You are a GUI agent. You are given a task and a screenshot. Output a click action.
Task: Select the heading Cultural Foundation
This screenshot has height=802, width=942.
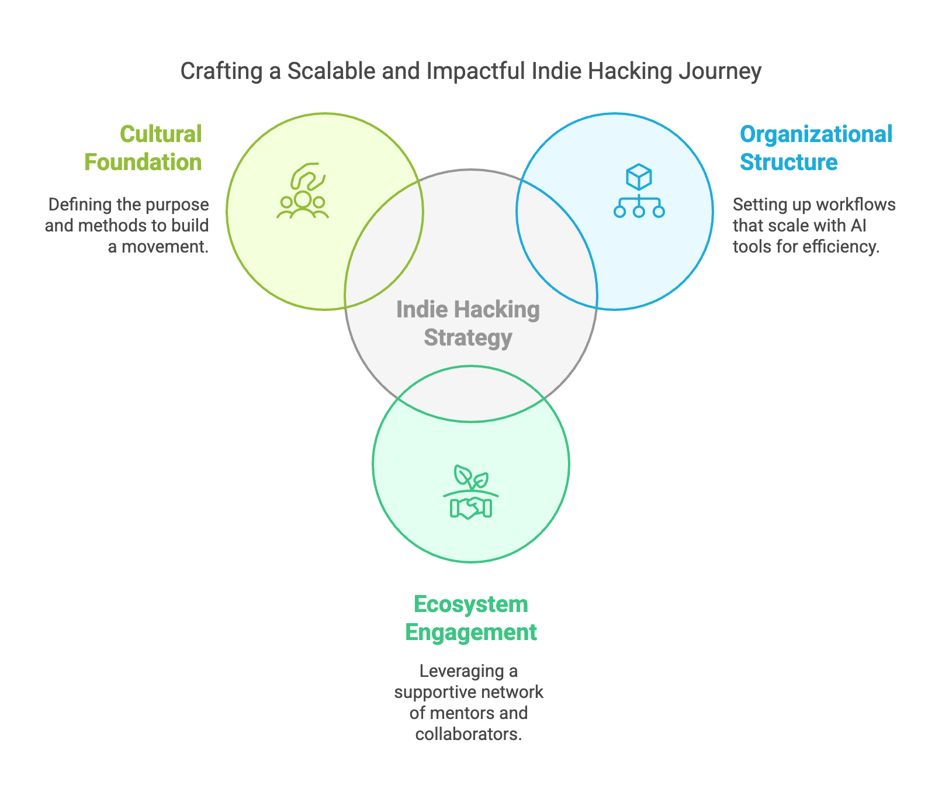(x=144, y=148)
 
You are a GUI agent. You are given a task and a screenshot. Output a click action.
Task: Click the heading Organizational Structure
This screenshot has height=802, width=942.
(x=816, y=148)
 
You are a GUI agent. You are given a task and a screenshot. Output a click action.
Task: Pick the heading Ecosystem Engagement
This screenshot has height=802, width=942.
(x=471, y=618)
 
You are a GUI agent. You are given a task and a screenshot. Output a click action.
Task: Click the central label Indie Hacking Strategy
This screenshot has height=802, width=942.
(x=468, y=323)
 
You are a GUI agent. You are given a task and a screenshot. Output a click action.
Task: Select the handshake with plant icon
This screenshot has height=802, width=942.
(x=471, y=492)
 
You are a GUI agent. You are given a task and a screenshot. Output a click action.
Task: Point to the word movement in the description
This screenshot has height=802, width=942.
(x=164, y=247)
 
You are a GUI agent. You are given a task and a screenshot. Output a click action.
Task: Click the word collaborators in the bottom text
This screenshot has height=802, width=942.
(x=468, y=734)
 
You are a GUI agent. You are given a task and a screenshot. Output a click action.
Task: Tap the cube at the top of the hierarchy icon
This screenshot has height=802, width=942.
(x=639, y=176)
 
